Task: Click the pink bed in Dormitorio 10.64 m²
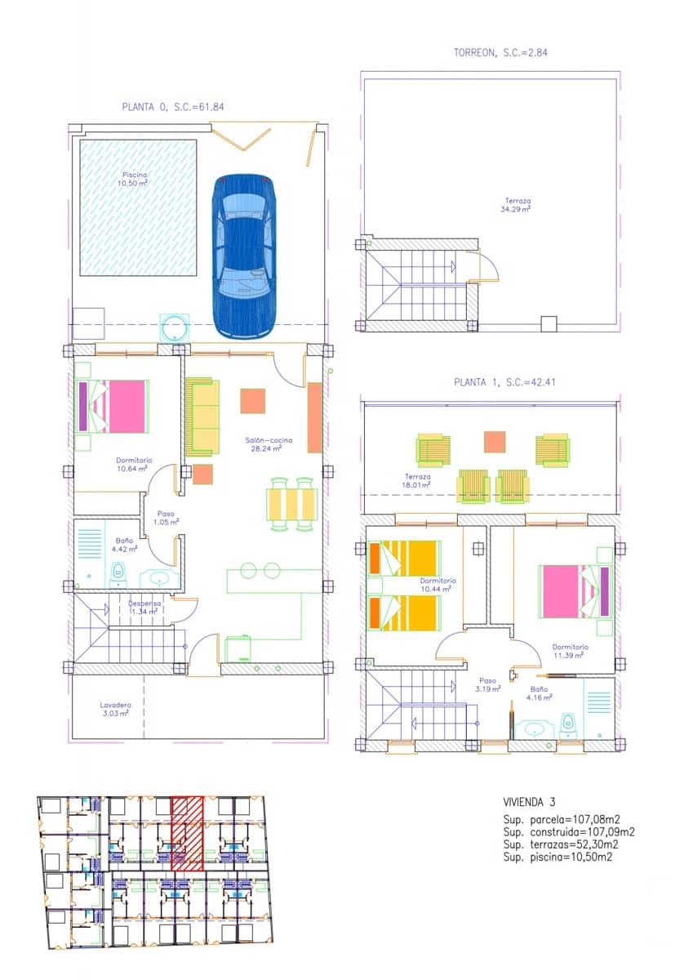coord(114,406)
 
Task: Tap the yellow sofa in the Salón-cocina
coord(202,416)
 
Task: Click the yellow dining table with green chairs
coord(292,504)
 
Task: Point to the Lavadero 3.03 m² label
coord(115,709)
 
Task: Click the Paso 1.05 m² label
coord(167,518)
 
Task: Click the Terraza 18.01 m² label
coord(417,480)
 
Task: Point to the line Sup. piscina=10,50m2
coord(558,857)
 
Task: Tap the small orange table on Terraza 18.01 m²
coord(495,442)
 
